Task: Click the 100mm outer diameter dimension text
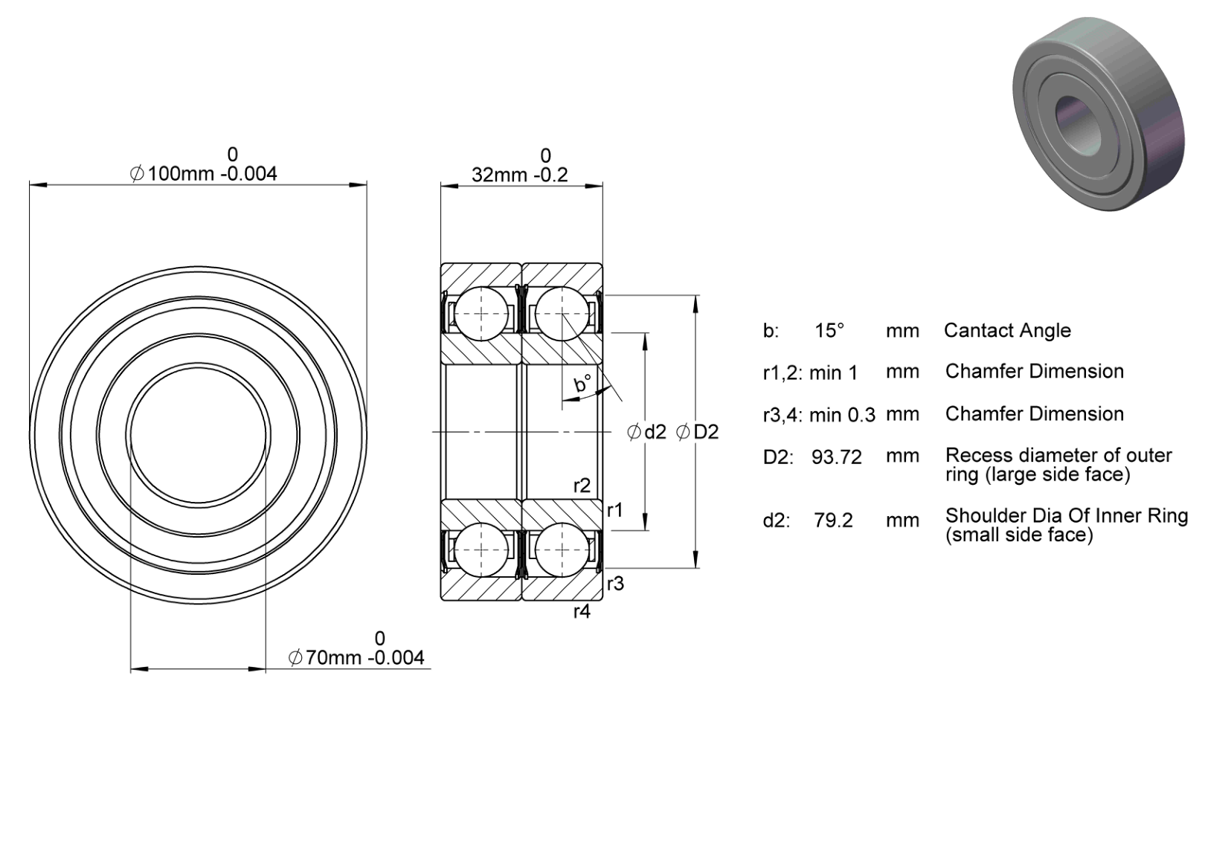(203, 173)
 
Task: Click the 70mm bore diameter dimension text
(356, 657)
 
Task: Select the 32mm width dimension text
(519, 175)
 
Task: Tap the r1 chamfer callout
(614, 509)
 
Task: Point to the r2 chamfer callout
(582, 486)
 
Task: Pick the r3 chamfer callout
(615, 583)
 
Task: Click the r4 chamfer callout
(582, 611)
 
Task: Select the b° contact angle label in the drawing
(582, 384)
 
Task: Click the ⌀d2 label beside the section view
(646, 432)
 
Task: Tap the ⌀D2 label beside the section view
(697, 432)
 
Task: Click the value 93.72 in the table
(836, 457)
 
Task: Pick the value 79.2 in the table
(833, 521)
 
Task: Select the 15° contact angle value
(829, 330)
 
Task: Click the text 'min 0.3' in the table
(842, 415)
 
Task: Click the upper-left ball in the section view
(481, 314)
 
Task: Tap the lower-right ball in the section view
(562, 550)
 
